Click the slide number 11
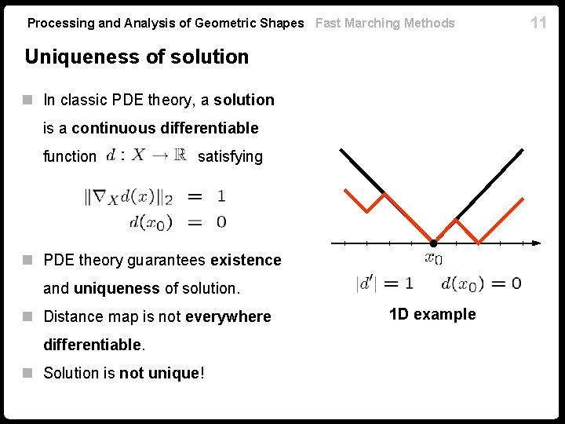(x=538, y=23)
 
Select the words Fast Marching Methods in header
(x=385, y=24)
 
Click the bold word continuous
(x=114, y=128)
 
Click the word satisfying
(x=230, y=157)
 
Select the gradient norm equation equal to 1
(x=155, y=196)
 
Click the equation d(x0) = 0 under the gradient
(x=177, y=222)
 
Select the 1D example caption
(x=432, y=315)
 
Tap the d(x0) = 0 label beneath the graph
(x=481, y=283)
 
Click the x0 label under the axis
(x=433, y=258)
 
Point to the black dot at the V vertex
(x=433, y=242)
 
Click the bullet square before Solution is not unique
(x=28, y=373)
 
